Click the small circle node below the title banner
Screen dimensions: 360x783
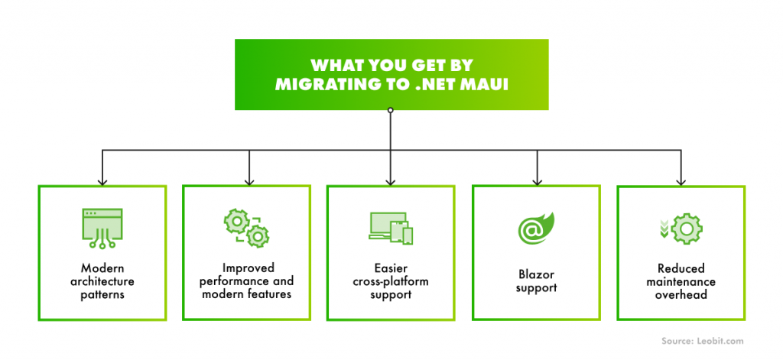(x=391, y=111)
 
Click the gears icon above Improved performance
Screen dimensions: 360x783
(x=246, y=227)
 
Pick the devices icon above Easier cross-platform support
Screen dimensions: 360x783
(x=390, y=227)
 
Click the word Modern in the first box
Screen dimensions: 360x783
(x=102, y=268)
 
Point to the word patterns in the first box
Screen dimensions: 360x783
(x=102, y=294)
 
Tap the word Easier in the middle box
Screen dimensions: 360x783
(x=391, y=268)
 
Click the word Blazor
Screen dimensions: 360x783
(x=536, y=275)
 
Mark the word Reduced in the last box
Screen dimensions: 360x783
(x=681, y=268)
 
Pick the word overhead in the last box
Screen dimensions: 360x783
(x=681, y=294)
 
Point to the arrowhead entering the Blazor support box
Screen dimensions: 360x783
(x=536, y=180)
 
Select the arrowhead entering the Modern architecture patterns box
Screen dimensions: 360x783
(x=102, y=180)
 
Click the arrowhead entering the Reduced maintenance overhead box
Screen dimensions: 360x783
(x=681, y=180)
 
